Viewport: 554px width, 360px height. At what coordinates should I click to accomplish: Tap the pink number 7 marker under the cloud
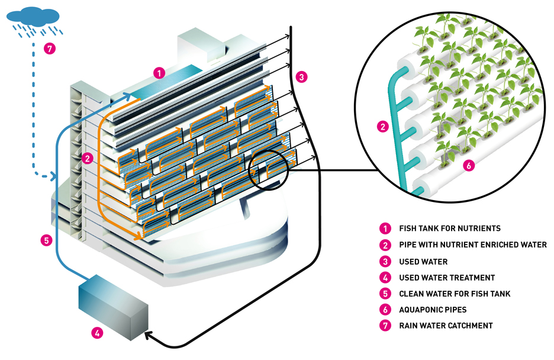(50, 49)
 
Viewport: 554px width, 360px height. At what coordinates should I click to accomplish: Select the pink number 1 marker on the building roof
(158, 73)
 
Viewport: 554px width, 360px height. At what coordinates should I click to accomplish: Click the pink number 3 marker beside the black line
(301, 76)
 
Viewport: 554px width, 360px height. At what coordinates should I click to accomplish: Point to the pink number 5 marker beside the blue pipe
(46, 240)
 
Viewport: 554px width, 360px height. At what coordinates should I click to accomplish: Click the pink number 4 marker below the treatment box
(97, 333)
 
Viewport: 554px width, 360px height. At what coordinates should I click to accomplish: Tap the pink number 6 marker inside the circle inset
(468, 166)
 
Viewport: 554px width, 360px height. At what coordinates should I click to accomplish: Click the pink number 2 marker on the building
(87, 159)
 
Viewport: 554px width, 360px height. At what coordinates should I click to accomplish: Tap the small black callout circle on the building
(268, 170)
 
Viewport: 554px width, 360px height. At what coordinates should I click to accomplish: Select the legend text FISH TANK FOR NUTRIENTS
(450, 228)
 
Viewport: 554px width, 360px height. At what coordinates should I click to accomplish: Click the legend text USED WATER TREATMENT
(447, 277)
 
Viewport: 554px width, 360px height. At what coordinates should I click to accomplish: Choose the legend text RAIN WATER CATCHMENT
(446, 325)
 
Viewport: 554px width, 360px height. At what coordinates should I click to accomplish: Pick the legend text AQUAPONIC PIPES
(433, 309)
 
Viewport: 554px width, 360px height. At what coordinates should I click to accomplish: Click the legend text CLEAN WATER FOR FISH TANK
(455, 293)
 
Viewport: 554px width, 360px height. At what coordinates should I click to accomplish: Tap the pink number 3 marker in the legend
(385, 261)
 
